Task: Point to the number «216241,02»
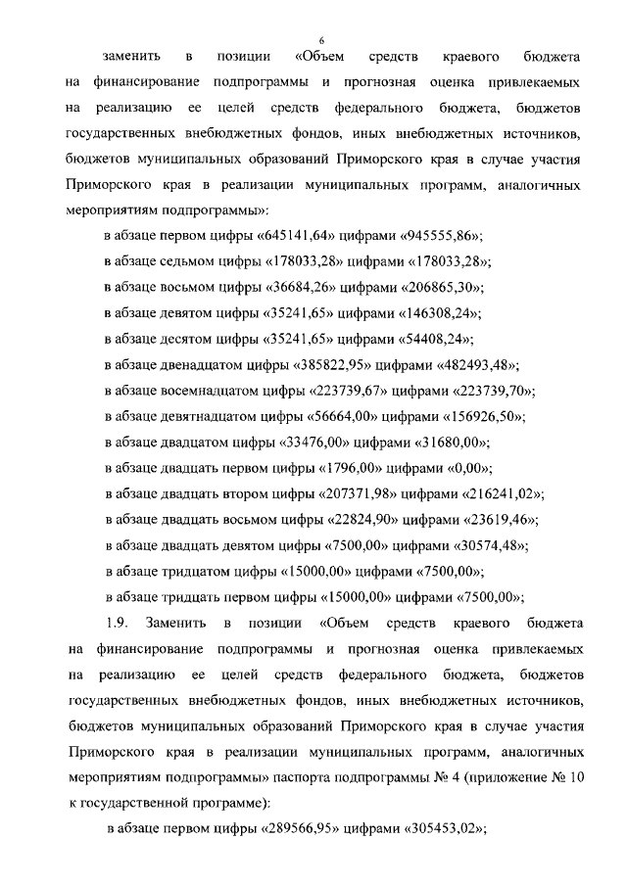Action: (503, 492)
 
